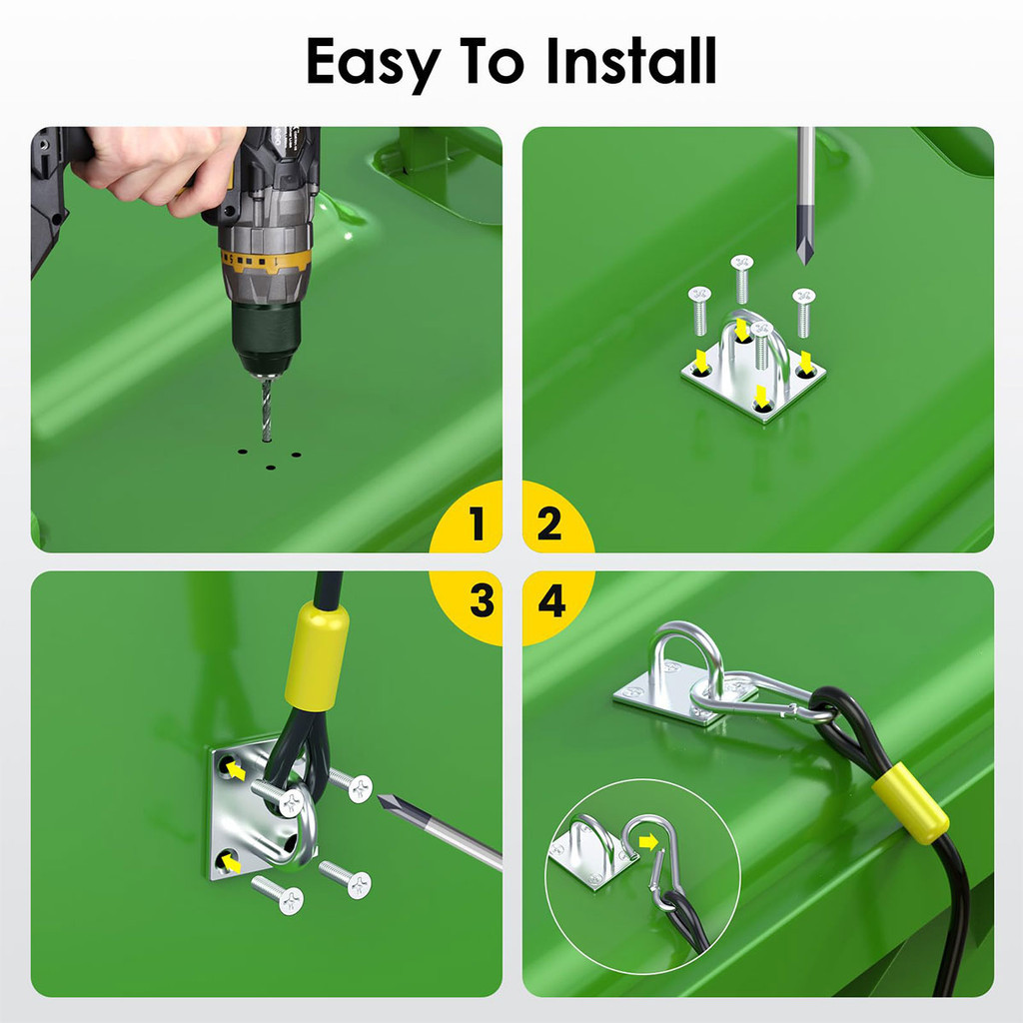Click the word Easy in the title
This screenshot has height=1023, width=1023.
[373, 63]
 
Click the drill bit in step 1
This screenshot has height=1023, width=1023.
[266, 409]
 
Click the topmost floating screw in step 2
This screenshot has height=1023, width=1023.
[742, 279]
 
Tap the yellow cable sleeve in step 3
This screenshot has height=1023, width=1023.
[317, 655]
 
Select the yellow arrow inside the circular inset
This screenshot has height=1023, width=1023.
[648, 842]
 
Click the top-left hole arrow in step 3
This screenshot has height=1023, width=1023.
[236, 772]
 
